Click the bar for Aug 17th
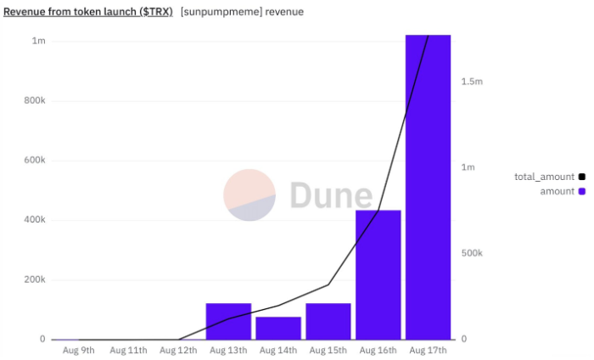pos(428,187)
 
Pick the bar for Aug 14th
pos(278,328)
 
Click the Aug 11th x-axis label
pos(128,350)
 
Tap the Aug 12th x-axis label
pos(178,350)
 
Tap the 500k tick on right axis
pos(472,253)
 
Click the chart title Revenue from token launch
pos(88,12)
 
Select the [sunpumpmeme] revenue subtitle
pos(242,12)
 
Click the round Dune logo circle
pos(249,195)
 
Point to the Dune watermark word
pos(331,195)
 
